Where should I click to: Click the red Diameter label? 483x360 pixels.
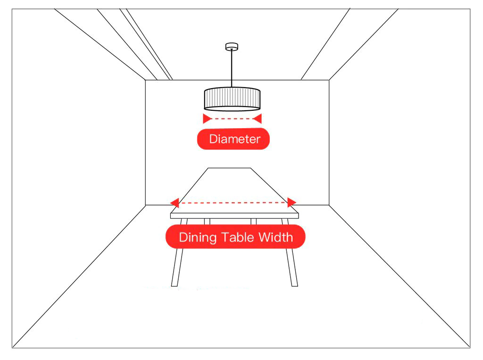(233, 139)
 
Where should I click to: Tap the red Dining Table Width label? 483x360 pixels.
(235, 237)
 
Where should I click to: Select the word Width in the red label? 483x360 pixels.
(275, 237)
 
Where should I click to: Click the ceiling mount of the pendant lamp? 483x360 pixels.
(231, 46)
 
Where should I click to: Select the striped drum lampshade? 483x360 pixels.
(232, 98)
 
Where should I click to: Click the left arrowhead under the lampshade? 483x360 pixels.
(206, 119)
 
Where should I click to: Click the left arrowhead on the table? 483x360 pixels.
(175, 203)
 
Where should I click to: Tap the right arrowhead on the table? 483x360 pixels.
(291, 203)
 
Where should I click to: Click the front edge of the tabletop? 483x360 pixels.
(234, 215)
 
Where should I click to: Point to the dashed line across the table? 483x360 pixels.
(233, 203)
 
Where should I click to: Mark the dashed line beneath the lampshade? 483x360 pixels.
(232, 119)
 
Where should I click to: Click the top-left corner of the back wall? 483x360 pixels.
(145, 81)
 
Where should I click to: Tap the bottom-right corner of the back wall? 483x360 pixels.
(329, 205)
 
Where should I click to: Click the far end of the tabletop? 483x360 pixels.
(229, 168)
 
